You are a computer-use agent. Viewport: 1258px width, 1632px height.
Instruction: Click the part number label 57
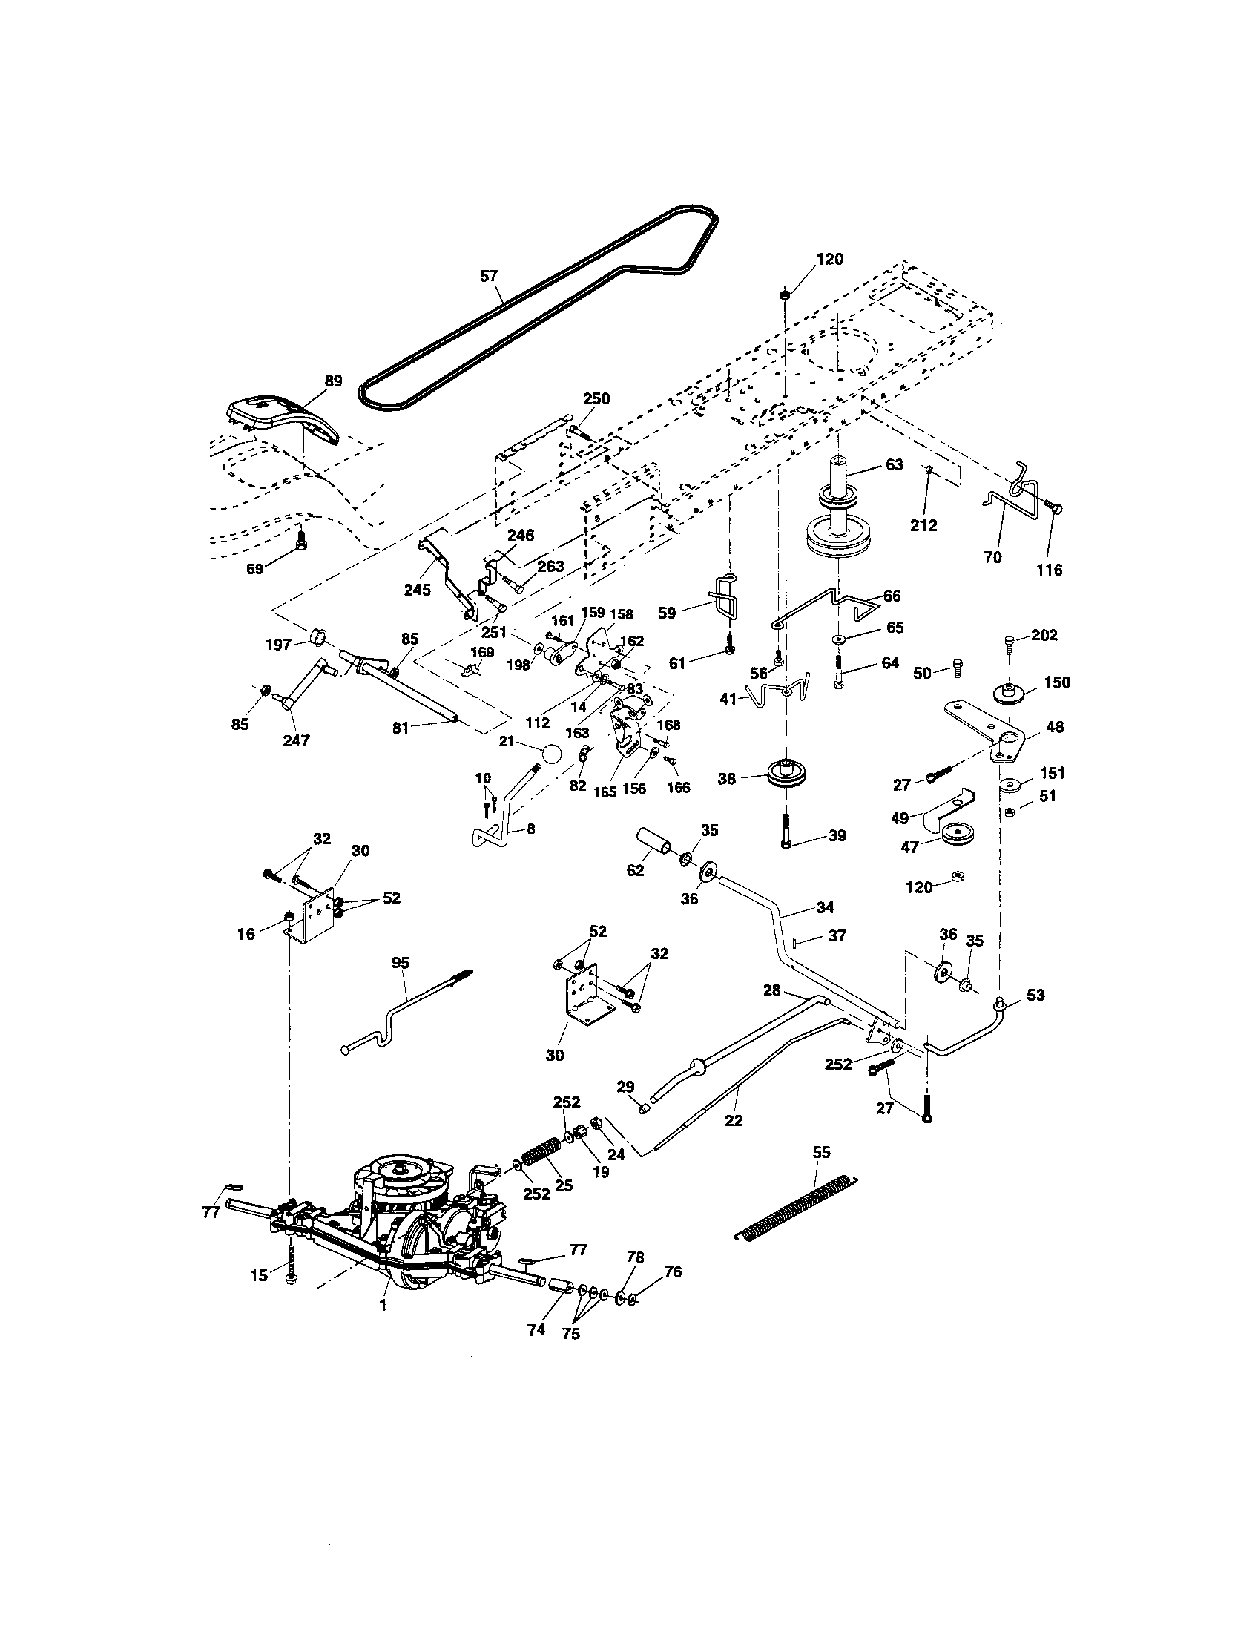(x=488, y=276)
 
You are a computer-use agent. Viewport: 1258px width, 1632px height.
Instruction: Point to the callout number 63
(x=895, y=464)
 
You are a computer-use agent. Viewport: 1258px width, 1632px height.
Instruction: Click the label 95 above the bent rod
(x=401, y=962)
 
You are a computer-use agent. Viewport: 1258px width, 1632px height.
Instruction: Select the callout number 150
(x=1057, y=682)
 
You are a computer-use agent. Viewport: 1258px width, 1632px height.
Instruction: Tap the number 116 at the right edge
(x=1050, y=570)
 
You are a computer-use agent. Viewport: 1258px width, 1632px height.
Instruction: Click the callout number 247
(x=297, y=740)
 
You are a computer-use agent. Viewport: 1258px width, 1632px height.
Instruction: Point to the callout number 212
(x=923, y=525)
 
